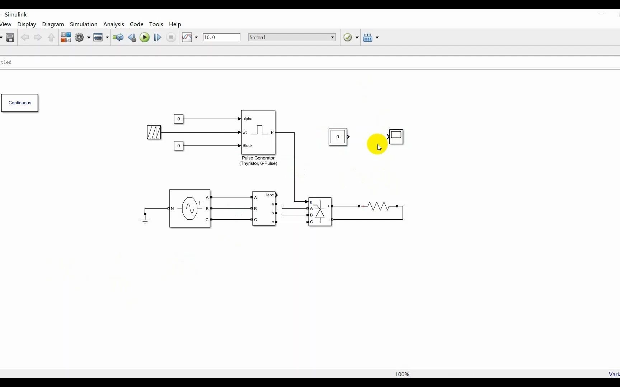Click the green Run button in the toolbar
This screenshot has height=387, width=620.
coord(145,37)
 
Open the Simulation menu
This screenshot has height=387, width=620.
coord(84,24)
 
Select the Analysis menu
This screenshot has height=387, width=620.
coord(113,24)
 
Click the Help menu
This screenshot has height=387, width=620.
coord(175,24)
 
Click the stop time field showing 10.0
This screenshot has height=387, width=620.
coord(221,37)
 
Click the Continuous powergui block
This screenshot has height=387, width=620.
coord(20,103)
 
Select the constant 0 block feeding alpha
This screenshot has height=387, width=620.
coord(178,119)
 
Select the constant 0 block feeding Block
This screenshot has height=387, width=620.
coord(178,145)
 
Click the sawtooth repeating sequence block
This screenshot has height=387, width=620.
coord(154,132)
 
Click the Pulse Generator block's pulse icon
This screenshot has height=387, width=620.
coord(259,130)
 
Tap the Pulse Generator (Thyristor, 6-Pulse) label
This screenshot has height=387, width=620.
coord(258,161)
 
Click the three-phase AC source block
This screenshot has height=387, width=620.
coord(189,208)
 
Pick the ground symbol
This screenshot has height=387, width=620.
coord(145,219)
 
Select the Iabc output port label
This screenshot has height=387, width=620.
coord(270,195)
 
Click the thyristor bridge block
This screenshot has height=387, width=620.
coord(320,212)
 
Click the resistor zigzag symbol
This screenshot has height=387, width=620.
coord(378,206)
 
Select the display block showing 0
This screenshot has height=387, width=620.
coord(338,137)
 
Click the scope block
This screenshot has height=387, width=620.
coord(396,137)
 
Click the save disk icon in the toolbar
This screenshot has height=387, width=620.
coord(10,37)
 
